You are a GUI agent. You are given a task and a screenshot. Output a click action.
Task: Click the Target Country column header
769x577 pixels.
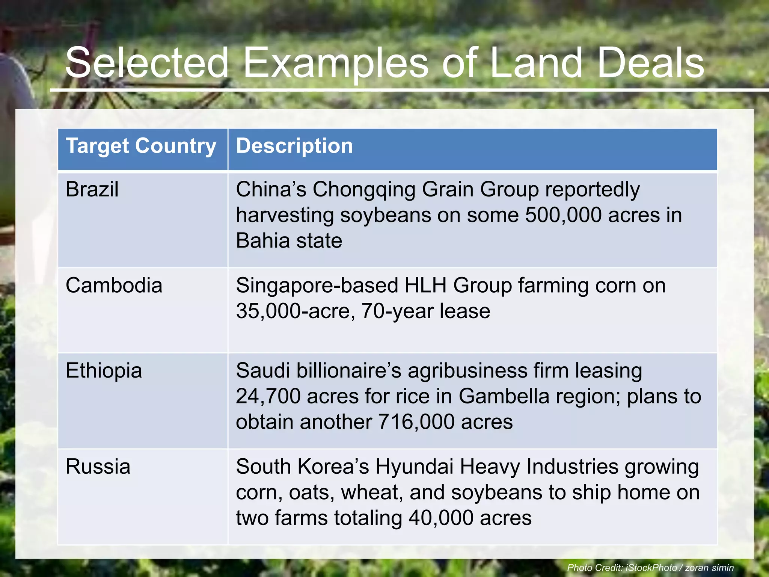click(141, 146)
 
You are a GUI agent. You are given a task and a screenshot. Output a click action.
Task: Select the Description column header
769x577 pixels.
click(294, 146)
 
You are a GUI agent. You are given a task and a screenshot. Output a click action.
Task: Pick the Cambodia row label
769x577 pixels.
click(114, 285)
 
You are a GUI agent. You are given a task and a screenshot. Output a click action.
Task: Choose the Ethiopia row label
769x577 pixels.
click(104, 371)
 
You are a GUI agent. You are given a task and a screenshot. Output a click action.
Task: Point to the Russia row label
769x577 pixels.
click(98, 467)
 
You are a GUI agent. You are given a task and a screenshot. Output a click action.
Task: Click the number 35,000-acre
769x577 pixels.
click(295, 311)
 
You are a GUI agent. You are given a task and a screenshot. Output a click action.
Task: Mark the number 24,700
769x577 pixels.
click(268, 396)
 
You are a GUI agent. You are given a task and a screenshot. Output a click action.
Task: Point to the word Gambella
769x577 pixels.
click(504, 396)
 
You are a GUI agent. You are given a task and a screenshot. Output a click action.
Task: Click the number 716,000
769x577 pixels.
click(416, 422)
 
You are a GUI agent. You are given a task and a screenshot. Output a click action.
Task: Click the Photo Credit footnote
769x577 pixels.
click(650, 568)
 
